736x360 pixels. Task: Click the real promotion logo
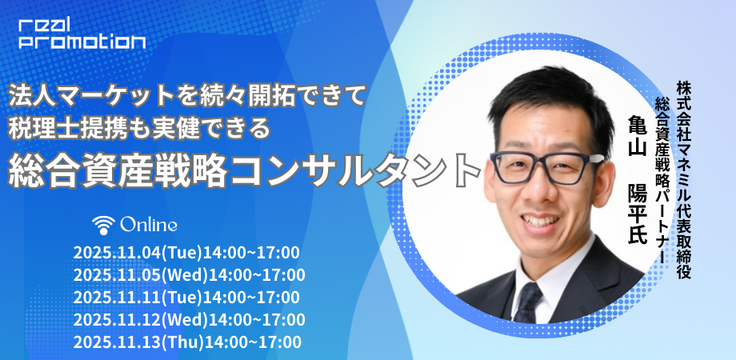point(82,34)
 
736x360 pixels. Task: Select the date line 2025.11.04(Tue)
point(186,253)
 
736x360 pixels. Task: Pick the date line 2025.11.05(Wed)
point(189,274)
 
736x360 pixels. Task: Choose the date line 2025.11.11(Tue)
point(186,297)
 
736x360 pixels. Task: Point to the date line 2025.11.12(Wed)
point(189,319)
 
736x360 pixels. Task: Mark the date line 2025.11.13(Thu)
point(187,342)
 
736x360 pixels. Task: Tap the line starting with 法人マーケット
point(186,97)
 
